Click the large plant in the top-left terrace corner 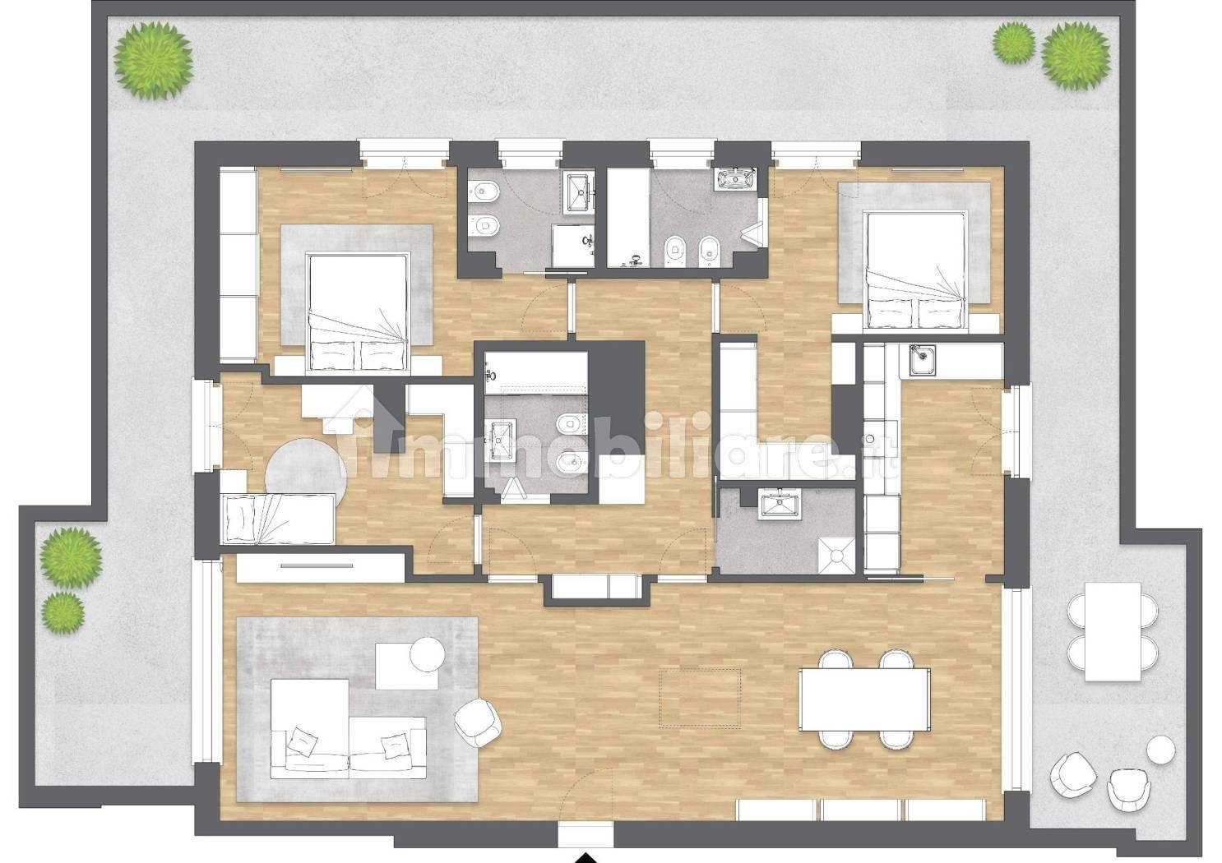[x=153, y=61]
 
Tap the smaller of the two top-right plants [x=1014, y=43]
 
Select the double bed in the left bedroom [x=358, y=312]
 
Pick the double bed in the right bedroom [x=915, y=271]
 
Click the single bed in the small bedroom [x=278, y=519]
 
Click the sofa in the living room [x=348, y=729]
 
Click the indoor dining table [x=864, y=699]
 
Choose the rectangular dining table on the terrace [x=1113, y=632]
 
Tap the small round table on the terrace [x=1161, y=750]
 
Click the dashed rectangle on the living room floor [x=700, y=699]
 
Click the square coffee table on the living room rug [x=407, y=667]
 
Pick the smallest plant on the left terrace [x=62, y=613]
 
